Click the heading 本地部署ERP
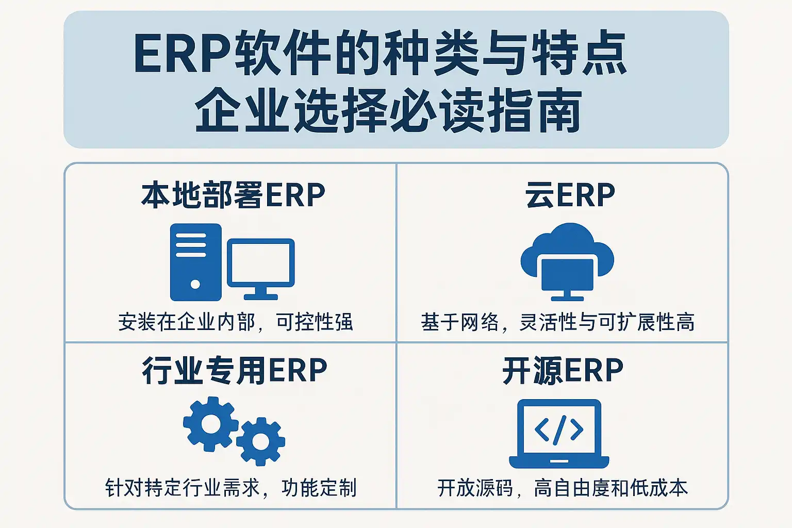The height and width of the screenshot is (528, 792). click(x=233, y=194)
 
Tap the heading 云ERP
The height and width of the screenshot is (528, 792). click(x=570, y=194)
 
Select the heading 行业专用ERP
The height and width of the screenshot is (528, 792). click(x=235, y=370)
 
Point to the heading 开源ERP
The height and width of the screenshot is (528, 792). click(x=563, y=370)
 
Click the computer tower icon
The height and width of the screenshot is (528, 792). click(x=196, y=262)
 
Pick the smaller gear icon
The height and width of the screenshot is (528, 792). click(x=260, y=441)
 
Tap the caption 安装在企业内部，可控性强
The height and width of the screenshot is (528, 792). click(x=236, y=322)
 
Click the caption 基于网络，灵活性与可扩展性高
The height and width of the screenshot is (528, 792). click(x=557, y=322)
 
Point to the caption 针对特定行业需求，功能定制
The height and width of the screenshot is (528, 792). click(x=231, y=488)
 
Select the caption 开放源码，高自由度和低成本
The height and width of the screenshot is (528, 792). click(x=563, y=488)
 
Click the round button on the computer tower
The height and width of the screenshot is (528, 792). click(x=195, y=284)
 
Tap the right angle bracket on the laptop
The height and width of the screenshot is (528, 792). click(x=577, y=430)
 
